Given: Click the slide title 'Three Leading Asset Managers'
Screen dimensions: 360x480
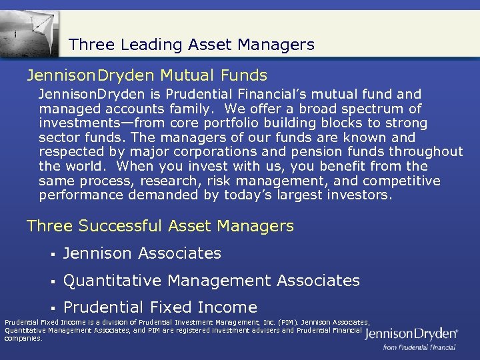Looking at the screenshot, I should (x=191, y=45).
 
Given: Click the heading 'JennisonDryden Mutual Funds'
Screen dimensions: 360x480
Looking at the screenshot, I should (x=147, y=75).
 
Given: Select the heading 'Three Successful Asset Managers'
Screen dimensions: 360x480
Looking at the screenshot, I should (x=160, y=226).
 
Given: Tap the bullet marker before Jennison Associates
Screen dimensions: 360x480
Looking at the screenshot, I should (x=51, y=254).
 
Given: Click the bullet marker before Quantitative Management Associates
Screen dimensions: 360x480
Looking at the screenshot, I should (x=51, y=281).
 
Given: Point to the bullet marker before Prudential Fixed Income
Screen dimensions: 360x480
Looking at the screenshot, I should (x=51, y=308).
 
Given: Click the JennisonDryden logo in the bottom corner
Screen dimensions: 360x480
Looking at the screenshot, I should (x=411, y=333).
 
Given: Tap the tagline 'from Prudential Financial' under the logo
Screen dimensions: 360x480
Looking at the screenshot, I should (x=419, y=347).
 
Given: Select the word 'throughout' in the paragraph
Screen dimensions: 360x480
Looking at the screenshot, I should (x=427, y=152).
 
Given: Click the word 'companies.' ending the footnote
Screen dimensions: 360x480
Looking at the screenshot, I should (x=23, y=338).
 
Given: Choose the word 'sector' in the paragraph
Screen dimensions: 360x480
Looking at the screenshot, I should (x=59, y=137).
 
